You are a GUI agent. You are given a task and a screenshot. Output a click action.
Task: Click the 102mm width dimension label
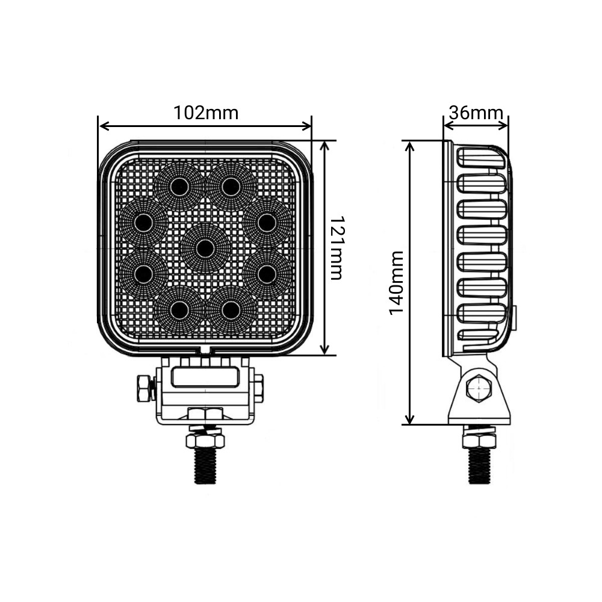(x=206, y=113)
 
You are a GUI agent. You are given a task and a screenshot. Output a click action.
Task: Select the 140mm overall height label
(x=396, y=283)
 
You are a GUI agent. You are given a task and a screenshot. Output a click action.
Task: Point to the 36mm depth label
(x=476, y=113)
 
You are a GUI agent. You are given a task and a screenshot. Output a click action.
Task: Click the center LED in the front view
(x=205, y=249)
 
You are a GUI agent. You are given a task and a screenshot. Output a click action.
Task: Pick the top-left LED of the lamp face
(x=179, y=187)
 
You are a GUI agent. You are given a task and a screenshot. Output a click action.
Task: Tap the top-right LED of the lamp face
(x=231, y=187)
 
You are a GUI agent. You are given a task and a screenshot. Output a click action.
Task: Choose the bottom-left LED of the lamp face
(x=179, y=309)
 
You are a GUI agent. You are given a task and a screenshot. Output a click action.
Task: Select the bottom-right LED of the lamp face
(x=231, y=309)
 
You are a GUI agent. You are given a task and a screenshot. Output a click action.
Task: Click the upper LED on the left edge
(x=144, y=223)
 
